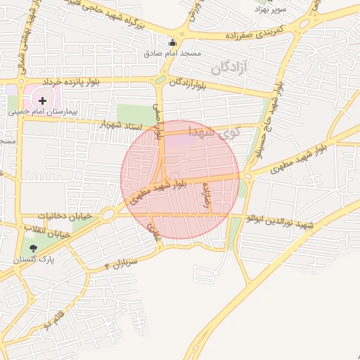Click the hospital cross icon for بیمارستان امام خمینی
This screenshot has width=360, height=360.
(43, 101)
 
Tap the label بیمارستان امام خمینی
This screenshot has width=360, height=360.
(42, 111)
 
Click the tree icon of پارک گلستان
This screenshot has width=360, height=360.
(32, 247)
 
